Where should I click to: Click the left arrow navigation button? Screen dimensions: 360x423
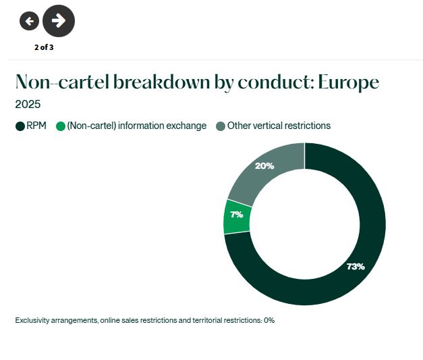(29, 21)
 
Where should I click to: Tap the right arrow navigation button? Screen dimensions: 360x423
(59, 21)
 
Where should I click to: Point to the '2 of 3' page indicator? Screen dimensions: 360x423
(44, 47)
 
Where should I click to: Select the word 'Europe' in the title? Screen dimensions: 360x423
(349, 82)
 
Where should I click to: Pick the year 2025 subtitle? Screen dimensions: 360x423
(28, 105)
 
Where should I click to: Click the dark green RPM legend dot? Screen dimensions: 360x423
(20, 126)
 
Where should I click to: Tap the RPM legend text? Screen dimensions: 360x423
(36, 126)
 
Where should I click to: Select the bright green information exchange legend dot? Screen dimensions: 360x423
(61, 126)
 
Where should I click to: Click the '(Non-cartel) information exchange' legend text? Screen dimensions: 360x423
(137, 126)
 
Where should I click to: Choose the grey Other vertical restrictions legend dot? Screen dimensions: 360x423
(221, 126)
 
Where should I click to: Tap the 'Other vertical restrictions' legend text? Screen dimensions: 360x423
(279, 126)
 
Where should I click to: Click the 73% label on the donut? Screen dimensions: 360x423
(356, 266)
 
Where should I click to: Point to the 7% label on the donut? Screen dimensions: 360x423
(237, 215)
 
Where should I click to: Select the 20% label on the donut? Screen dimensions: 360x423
(265, 166)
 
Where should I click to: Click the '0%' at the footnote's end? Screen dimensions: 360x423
(269, 320)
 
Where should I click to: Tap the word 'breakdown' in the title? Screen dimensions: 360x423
(156, 82)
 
